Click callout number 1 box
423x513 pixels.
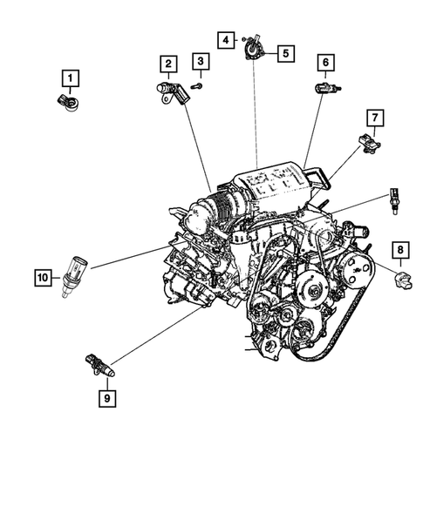tap(68, 76)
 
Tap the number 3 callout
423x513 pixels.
tap(201, 61)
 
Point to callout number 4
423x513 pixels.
tap(225, 39)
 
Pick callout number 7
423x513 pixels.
tap(372, 117)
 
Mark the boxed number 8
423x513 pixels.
tap(399, 252)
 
